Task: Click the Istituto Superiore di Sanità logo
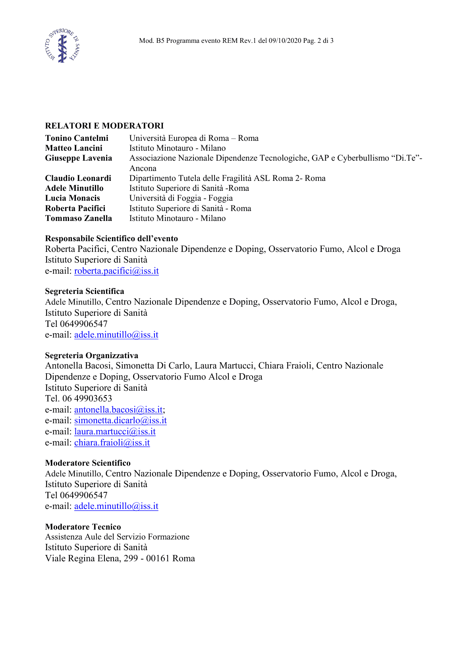coord(62,46)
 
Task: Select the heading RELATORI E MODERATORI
coord(104,126)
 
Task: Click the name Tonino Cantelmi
coord(77,138)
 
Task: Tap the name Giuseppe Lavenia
coord(78,158)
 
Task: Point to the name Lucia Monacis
coord(72,198)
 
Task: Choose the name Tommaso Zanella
coord(78,218)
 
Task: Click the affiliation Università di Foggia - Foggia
coord(181,198)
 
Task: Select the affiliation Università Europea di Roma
coord(179,138)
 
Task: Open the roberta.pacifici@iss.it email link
coord(116,271)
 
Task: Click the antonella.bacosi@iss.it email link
coord(118,410)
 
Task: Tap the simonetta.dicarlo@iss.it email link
coord(120,420)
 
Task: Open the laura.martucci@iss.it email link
coord(115,432)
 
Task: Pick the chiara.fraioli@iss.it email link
coord(112,443)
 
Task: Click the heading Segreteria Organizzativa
coord(91,355)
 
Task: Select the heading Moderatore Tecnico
coord(83,527)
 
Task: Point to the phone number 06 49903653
coord(87,398)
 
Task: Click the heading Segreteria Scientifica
coord(84,291)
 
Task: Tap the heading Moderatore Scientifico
coord(88,463)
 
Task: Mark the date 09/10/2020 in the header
coord(285,40)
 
